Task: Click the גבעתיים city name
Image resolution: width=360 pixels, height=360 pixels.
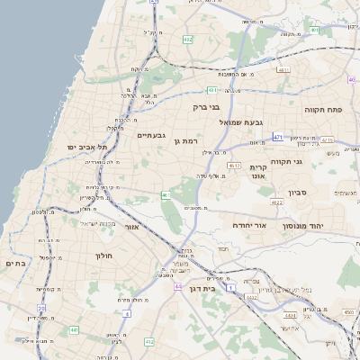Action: [x=150, y=135]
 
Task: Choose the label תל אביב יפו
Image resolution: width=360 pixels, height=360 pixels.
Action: [x=86, y=146]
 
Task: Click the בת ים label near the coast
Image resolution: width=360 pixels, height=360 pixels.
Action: [x=17, y=263]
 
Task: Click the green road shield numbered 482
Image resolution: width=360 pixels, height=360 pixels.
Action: [x=187, y=40]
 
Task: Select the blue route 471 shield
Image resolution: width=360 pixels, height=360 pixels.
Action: [x=278, y=137]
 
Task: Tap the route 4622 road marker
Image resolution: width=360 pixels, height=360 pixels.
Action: [x=276, y=202]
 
